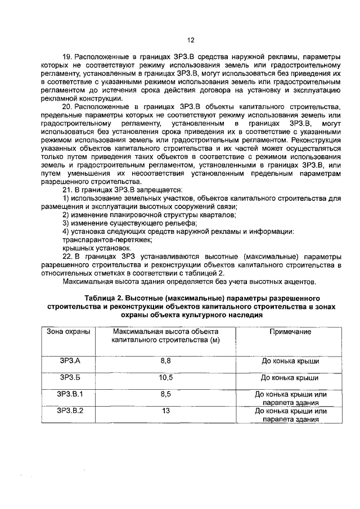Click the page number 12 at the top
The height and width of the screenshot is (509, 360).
pyautogui.click(x=190, y=40)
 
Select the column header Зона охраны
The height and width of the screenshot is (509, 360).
pyautogui.click(x=67, y=332)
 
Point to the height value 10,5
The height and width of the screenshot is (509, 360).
pyautogui.click(x=165, y=378)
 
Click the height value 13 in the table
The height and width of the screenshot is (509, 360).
pyautogui.click(x=165, y=411)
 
